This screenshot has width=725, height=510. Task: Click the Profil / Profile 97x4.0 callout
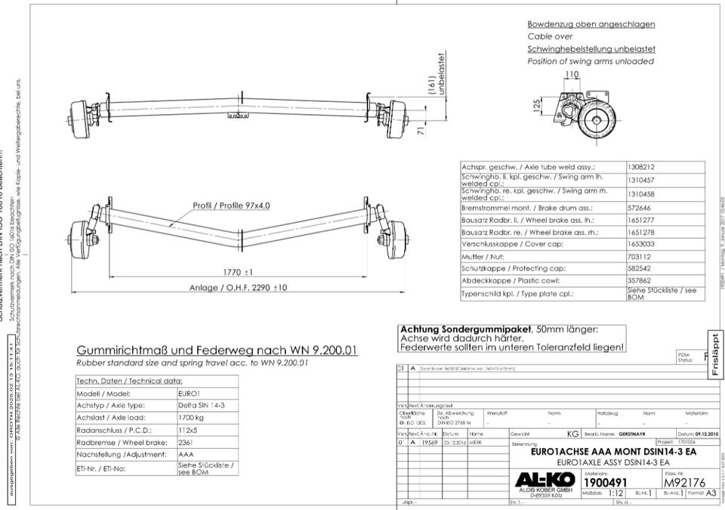tap(231, 206)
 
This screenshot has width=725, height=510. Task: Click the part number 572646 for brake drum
tap(640, 206)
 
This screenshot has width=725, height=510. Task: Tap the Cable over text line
tap(550, 36)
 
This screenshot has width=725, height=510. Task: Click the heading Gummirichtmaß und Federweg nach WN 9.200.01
tap(217, 351)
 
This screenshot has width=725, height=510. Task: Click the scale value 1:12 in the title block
tap(615, 492)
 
